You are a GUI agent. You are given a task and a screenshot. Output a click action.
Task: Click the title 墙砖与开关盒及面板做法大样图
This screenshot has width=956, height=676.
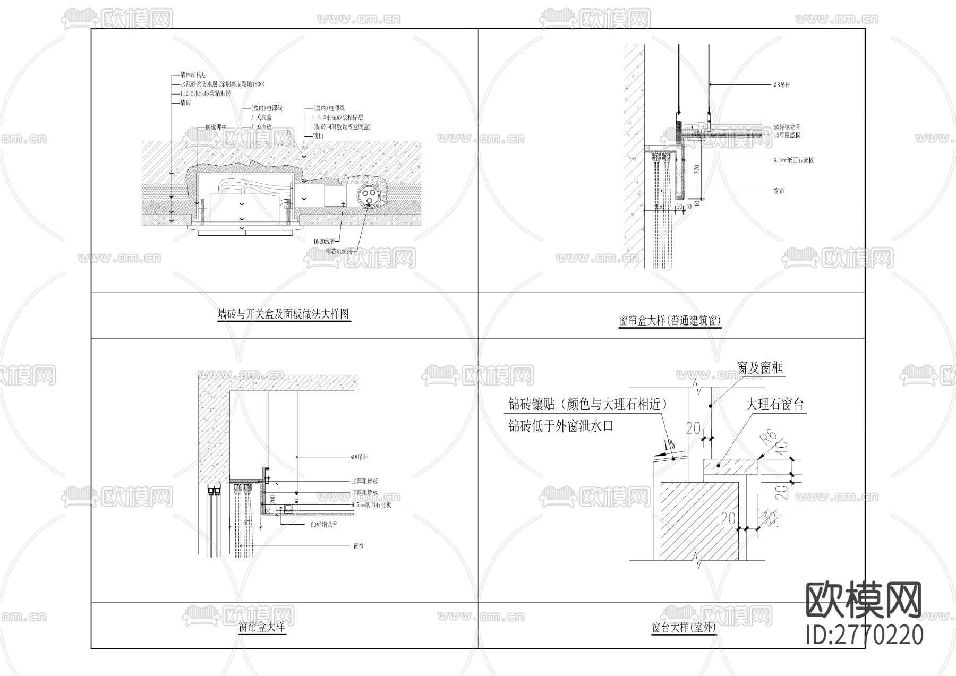pos(284,314)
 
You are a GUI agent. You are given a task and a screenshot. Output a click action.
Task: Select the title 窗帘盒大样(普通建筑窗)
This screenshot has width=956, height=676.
pos(670,321)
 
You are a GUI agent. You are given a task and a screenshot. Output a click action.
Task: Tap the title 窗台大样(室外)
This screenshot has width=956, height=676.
pos(684,628)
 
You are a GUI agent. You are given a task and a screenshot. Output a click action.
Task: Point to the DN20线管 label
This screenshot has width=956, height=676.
pos(324,241)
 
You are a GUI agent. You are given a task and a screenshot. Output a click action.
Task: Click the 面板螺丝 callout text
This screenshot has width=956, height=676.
pos(216,127)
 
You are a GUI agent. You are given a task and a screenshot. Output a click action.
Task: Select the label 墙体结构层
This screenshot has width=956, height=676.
pos(193,75)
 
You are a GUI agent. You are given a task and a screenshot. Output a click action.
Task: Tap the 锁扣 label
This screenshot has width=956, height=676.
pos(318,136)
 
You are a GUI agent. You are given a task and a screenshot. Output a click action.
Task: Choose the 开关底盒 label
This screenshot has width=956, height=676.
pos(261,117)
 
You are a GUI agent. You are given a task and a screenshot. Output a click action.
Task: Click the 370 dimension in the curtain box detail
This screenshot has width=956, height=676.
pos(697,169)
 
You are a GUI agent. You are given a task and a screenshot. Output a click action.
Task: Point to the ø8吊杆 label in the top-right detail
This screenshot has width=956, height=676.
pos(782,85)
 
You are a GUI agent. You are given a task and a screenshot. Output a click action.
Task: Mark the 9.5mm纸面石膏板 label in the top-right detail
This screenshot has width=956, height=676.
pos(793,160)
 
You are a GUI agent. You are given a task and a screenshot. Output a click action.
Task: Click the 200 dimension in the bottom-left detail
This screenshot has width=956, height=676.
pos(272,499)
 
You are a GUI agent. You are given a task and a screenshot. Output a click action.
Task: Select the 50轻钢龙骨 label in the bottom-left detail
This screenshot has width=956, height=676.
pos(324,525)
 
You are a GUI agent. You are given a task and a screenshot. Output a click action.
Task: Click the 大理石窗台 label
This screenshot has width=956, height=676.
pos(774,405)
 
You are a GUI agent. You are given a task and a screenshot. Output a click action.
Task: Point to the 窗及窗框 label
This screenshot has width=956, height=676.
pos(759,368)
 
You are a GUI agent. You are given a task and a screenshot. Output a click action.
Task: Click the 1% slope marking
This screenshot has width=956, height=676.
pos(668,444)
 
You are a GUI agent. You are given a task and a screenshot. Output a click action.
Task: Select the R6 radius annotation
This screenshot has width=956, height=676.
pos(768,438)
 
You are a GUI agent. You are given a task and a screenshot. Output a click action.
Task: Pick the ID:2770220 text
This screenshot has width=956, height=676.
pos(865,635)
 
